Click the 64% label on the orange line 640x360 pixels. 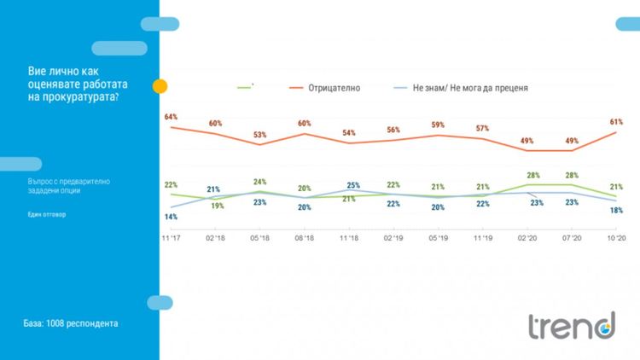pyautogui.click(x=171, y=117)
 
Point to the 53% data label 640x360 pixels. pyautogui.click(x=259, y=135)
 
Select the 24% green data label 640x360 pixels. pyautogui.click(x=259, y=182)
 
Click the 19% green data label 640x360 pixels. pyautogui.click(x=217, y=206)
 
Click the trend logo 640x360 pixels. pyautogui.click(x=570, y=325)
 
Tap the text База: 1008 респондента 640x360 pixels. pyautogui.click(x=71, y=324)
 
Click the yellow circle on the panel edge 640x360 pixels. pyautogui.click(x=160, y=86)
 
